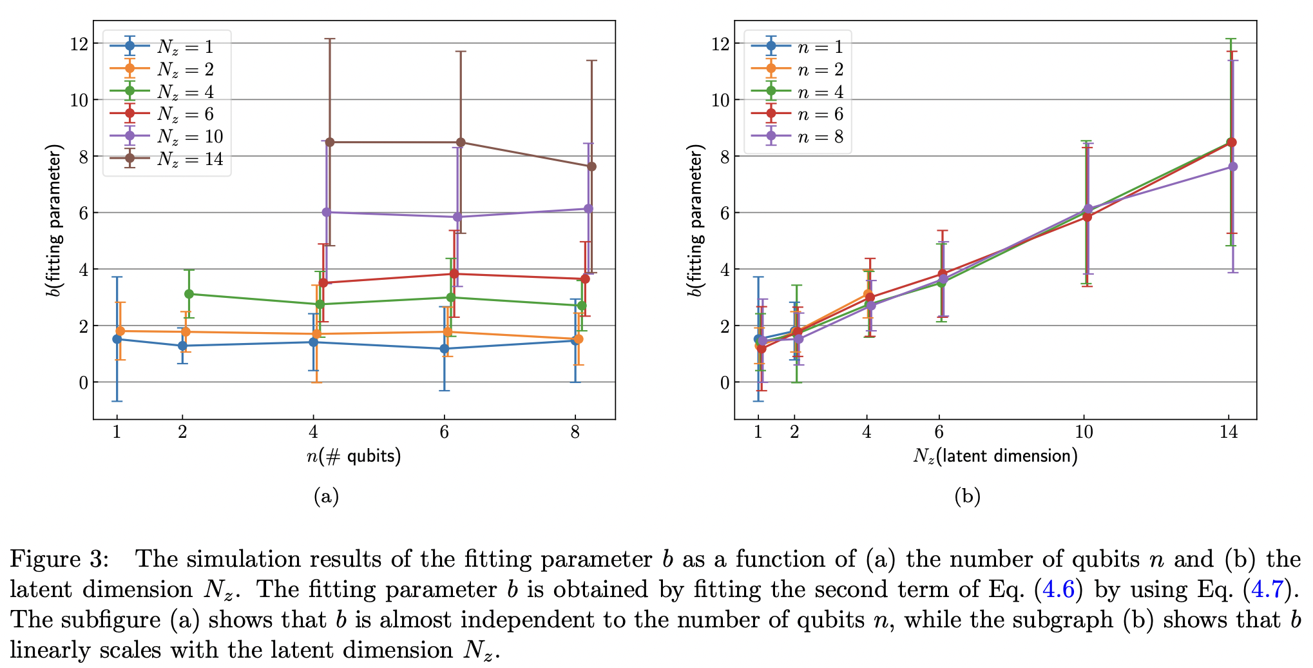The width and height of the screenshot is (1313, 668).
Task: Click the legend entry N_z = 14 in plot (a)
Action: coord(189,159)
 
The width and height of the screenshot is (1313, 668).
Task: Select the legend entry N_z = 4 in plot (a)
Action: coord(185,92)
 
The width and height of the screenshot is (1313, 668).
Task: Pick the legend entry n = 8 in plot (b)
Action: coord(819,137)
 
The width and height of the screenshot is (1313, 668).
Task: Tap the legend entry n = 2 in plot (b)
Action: coord(819,69)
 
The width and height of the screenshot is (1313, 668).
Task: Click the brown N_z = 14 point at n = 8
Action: coord(591,166)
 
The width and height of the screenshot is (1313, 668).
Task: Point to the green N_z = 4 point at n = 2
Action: coord(189,294)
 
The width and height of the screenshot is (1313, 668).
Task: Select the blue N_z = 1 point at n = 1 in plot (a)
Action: coord(117,339)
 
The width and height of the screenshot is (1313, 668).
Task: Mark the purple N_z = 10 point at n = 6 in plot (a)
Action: coord(457,217)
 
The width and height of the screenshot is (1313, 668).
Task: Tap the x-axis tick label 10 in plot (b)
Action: coord(1084,432)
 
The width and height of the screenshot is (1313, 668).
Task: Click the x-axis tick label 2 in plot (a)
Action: coord(182,432)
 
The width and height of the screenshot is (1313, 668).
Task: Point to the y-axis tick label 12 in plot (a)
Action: coord(79,44)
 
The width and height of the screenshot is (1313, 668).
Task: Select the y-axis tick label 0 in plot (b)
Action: coord(725,383)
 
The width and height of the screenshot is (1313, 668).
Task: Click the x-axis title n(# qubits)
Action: coord(353,457)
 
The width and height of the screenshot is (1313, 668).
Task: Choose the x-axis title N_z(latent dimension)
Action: coord(995,457)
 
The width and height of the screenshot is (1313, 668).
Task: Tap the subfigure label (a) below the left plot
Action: coord(326,496)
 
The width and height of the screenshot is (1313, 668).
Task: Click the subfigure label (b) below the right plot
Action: coord(967,496)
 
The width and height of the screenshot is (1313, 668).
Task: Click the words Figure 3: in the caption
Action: coord(59,559)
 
